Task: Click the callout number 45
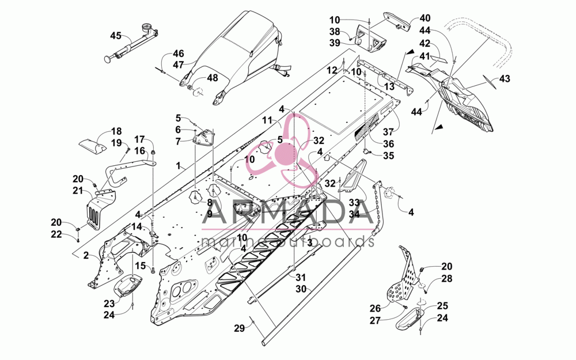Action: (x=116, y=36)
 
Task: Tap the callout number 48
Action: (x=213, y=78)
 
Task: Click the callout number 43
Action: (x=505, y=78)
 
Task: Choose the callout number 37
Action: (x=388, y=131)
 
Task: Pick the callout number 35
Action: (x=388, y=156)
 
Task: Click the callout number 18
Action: (x=116, y=131)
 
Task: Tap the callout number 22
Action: (x=56, y=234)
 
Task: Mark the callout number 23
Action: (x=109, y=304)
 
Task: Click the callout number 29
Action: (x=240, y=328)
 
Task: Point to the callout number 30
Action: (x=301, y=289)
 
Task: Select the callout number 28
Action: (x=447, y=278)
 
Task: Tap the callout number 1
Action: (x=179, y=166)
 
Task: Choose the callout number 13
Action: (x=389, y=87)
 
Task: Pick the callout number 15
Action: (x=141, y=266)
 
